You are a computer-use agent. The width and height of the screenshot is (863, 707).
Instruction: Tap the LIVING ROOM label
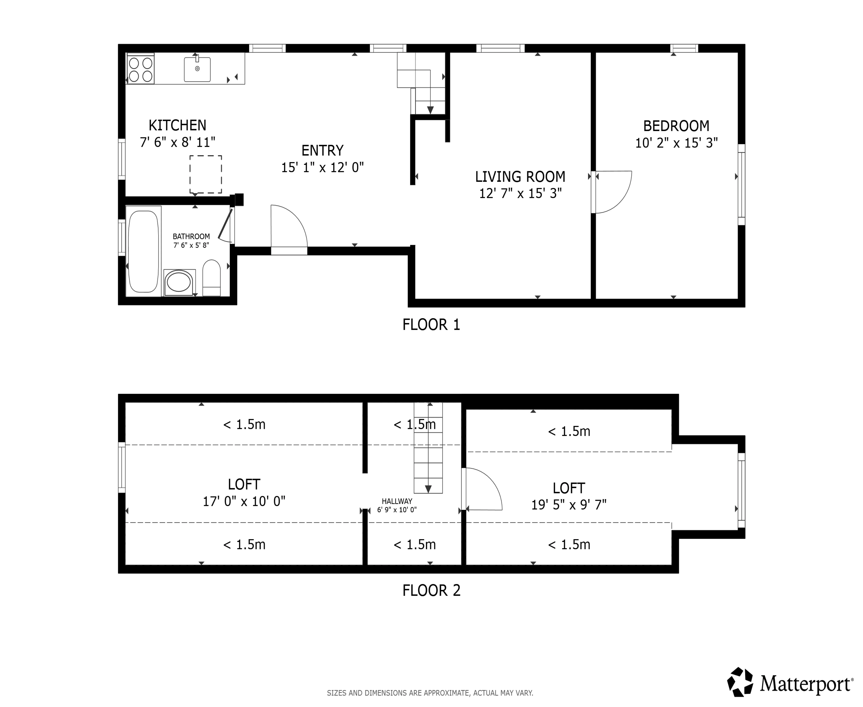520,176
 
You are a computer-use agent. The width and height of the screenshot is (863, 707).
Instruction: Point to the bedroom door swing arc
615,191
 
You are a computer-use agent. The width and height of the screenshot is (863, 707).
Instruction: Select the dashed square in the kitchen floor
206,174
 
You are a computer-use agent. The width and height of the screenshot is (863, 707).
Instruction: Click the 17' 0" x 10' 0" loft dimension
244,501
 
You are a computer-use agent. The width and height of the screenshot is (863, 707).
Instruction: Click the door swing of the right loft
485,489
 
